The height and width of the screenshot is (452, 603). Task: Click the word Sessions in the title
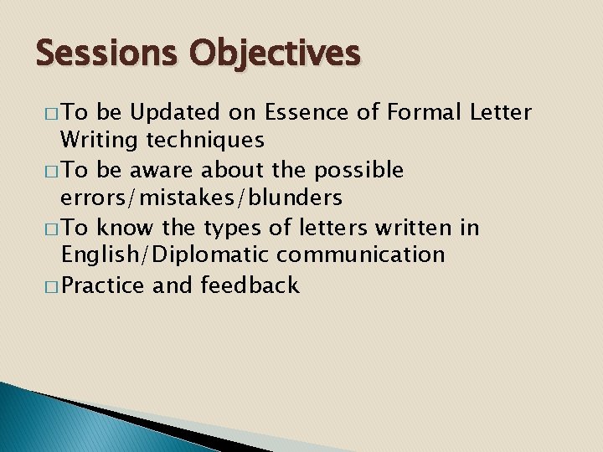(x=107, y=54)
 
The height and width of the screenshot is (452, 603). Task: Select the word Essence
(x=301, y=112)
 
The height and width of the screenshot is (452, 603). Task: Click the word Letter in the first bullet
(x=500, y=112)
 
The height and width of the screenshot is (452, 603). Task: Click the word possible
(x=359, y=171)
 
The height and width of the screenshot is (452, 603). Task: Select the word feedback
(x=249, y=285)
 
